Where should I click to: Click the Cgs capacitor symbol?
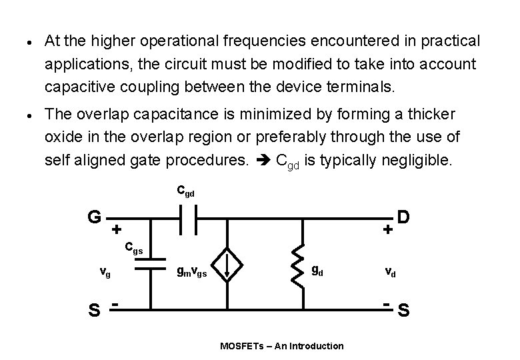pos(150,265)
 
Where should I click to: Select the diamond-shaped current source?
pos(227,265)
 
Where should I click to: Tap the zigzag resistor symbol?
pos(303,265)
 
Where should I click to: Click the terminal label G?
pos(95,217)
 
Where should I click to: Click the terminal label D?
pos(403,217)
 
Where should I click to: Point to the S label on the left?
pos(95,310)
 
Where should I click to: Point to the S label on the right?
pos(403,310)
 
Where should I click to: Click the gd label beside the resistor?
pos(319,270)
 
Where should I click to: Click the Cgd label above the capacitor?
pos(186,191)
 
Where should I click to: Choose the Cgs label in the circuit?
pos(134,248)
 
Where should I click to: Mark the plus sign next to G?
pos(116,229)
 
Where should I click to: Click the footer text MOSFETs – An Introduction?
pos(282,345)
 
